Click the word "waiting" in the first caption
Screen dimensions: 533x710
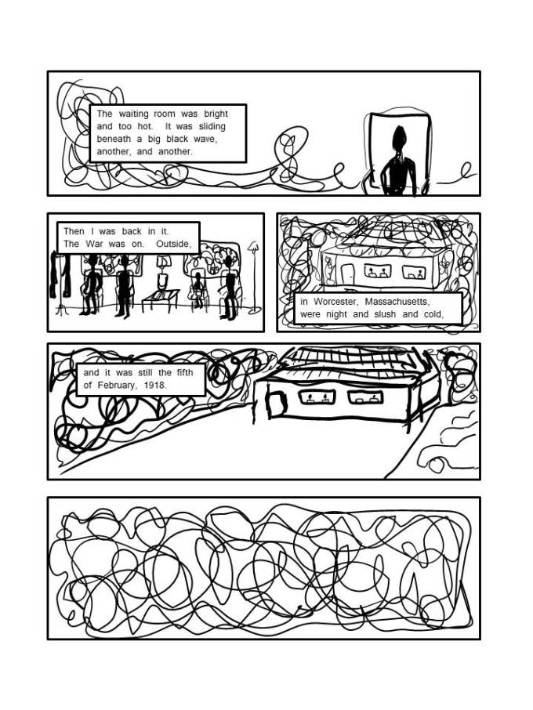133,114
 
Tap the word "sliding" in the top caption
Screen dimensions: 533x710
212,127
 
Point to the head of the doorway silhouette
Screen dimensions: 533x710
399,136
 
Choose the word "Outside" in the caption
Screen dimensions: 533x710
172,244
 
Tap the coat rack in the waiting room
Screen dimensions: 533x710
60,283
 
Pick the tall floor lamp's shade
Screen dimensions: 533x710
253,247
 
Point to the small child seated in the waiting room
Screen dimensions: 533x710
198,290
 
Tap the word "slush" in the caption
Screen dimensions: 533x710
385,314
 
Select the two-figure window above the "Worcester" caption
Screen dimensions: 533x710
377,271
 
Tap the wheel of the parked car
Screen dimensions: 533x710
437,465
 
